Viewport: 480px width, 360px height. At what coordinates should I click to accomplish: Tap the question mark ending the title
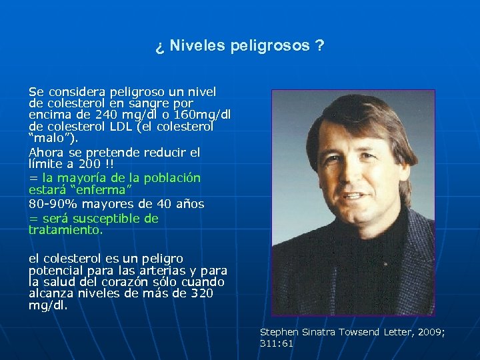tap(321, 46)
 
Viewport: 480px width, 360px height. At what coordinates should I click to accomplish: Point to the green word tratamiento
tap(65, 230)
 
